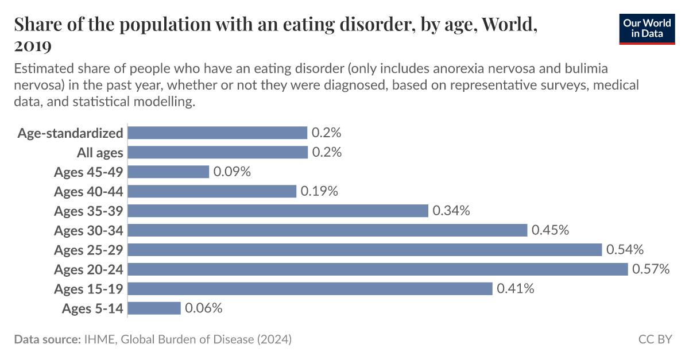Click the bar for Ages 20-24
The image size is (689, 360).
[x=377, y=269]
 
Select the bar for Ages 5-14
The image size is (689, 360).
[x=154, y=308]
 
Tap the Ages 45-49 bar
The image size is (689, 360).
[x=168, y=172]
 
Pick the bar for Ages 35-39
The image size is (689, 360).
[x=278, y=211]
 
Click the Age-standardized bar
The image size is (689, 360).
[x=217, y=133]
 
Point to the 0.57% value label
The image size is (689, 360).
[x=651, y=269]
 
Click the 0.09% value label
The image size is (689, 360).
[x=232, y=172]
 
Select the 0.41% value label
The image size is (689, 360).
[x=516, y=289]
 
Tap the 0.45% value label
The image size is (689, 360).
[x=550, y=230]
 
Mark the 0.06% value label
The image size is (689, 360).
[x=203, y=308]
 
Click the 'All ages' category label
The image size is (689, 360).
[x=100, y=153]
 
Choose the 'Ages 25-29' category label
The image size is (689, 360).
[x=88, y=250]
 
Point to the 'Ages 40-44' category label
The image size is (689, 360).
[x=88, y=191]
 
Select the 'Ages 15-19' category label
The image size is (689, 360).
[x=88, y=289]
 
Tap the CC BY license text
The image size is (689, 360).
[x=655, y=339]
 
